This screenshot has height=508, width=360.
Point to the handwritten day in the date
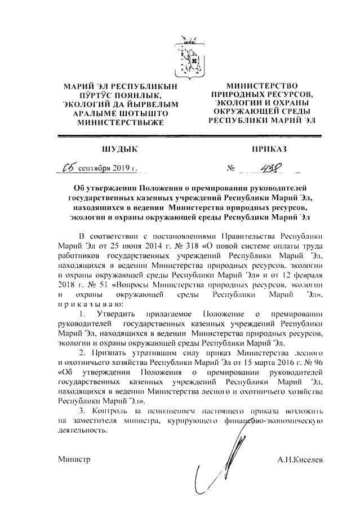pos(70,167)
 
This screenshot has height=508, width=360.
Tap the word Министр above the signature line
pos(74,460)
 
